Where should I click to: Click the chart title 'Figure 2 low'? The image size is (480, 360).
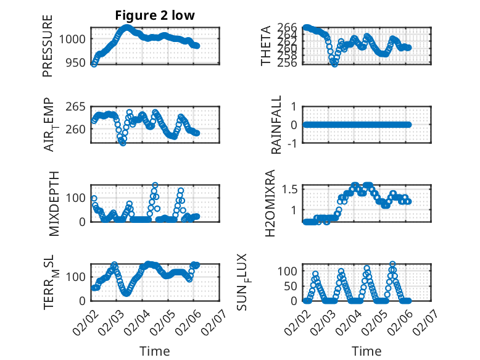(x=154, y=15)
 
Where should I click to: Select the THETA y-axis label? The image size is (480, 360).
(x=266, y=46)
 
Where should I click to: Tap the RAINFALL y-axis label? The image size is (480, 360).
(x=277, y=125)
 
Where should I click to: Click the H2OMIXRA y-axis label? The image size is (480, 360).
(x=270, y=203)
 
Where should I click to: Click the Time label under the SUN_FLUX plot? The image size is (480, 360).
(x=366, y=351)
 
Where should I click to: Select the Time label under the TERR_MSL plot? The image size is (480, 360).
(x=154, y=351)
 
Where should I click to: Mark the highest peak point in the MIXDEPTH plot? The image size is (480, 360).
(x=155, y=185)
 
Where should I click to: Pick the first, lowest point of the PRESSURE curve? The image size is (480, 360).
(x=94, y=64)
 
